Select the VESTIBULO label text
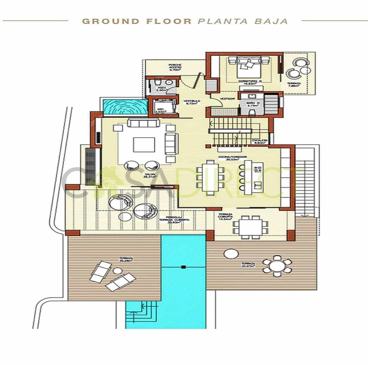(191, 102)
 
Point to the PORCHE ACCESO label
(175, 67)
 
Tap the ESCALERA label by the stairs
(260, 141)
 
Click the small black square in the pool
(183, 267)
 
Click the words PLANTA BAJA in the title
(242, 21)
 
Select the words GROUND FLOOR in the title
(137, 21)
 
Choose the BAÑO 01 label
(253, 105)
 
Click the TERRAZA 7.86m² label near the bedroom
(294, 85)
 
